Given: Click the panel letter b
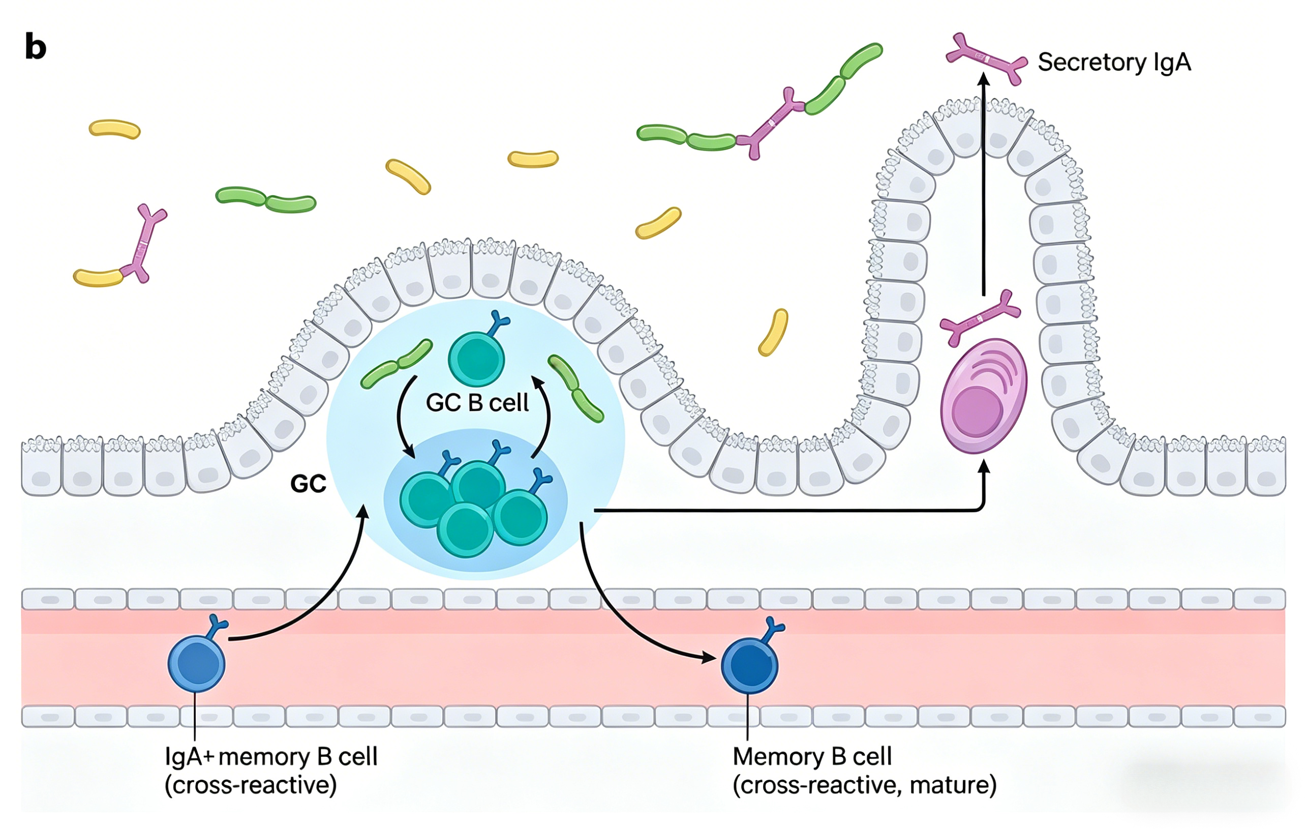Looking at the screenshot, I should (35, 47).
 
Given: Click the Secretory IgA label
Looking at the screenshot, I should (1114, 62).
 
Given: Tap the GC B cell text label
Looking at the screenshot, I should (477, 403).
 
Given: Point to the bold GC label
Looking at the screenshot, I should (308, 484).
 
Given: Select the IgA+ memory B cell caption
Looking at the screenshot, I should (271, 771).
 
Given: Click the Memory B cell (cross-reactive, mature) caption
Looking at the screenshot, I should (864, 771).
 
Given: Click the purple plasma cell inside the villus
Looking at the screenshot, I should (983, 396).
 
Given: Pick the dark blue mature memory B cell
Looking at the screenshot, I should (749, 666).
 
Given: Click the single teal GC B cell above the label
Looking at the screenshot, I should (476, 359).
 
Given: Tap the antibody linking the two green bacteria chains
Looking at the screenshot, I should (771, 123).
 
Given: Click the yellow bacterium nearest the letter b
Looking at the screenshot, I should (114, 129).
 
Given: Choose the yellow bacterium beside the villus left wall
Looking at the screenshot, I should (773, 332).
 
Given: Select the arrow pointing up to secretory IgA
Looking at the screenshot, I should (984, 185).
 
